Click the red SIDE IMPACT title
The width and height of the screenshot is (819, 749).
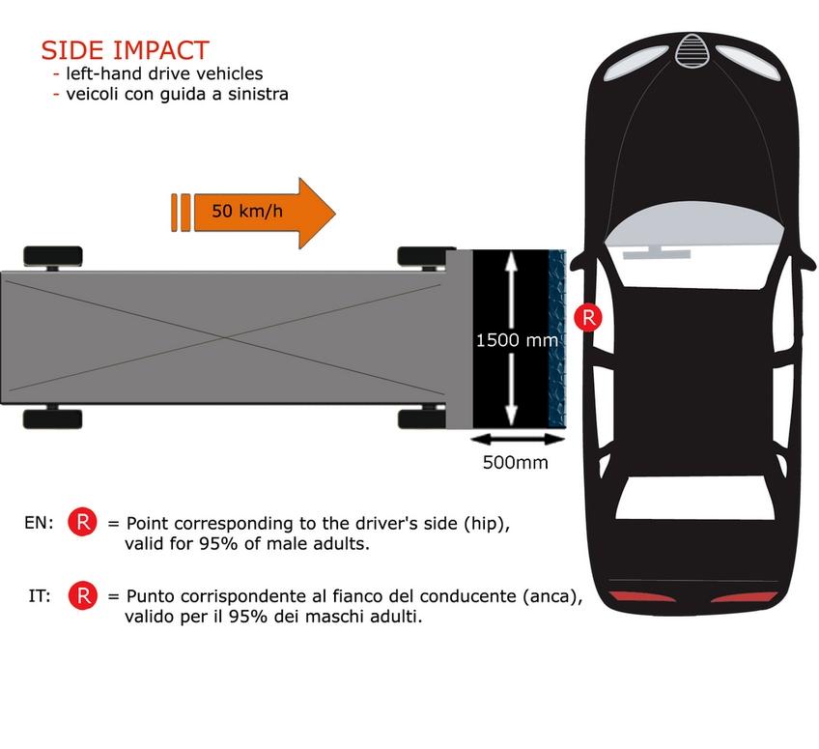pos(126,50)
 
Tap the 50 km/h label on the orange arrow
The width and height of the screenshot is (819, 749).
pos(247,211)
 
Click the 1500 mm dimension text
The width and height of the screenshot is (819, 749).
pos(517,341)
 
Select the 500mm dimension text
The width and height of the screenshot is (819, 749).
pos(516,463)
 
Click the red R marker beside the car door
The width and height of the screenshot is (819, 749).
pos(588,317)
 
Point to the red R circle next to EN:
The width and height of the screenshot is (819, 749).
pos(82,522)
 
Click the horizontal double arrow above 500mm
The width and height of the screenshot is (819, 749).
pos(518,440)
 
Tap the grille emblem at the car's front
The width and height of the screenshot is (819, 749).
pos(692,50)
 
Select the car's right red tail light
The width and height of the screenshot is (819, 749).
pos(744,596)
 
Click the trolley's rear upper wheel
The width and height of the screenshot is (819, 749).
pos(53,257)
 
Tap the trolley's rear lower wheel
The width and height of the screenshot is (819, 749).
pos(53,418)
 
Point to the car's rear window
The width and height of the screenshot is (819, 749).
pos(694,498)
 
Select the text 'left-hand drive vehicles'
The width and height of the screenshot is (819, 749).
pos(164,73)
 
